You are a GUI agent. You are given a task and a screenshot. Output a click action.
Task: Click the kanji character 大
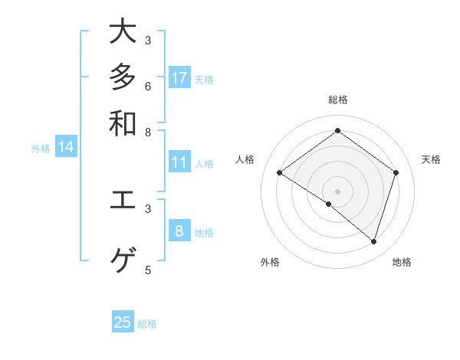pyautogui.click(x=123, y=32)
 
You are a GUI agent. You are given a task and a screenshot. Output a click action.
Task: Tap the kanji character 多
pyautogui.click(x=123, y=77)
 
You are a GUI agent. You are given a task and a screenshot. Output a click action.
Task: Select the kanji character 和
pyautogui.click(x=123, y=123)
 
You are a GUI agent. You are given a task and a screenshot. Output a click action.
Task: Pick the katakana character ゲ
pyautogui.click(x=123, y=261)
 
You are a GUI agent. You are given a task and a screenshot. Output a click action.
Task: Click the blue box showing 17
pyautogui.click(x=179, y=78)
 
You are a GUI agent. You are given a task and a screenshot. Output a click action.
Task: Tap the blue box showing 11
pyautogui.click(x=179, y=162)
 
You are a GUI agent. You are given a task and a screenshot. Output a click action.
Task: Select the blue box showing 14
pyautogui.click(x=66, y=148)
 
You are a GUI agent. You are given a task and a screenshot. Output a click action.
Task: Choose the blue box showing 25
pyautogui.click(x=123, y=322)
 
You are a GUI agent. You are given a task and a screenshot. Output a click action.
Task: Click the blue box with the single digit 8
pyautogui.click(x=179, y=231)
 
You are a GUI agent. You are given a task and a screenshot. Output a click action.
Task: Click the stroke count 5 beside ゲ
pyautogui.click(x=148, y=270)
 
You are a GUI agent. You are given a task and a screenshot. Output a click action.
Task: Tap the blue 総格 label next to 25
pyautogui.click(x=147, y=324)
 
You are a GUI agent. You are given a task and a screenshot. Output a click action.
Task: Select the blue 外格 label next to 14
pyautogui.click(x=41, y=149)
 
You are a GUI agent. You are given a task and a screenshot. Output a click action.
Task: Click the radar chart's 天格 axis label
pyautogui.click(x=431, y=159)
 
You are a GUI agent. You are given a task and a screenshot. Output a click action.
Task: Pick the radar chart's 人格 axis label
pyautogui.click(x=245, y=159)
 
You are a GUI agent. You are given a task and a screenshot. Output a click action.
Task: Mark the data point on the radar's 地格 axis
pyautogui.click(x=373, y=241)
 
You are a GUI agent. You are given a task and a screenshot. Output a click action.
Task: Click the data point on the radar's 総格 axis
pyautogui.click(x=337, y=131)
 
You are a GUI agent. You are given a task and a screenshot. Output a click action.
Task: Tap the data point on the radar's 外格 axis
pyautogui.click(x=329, y=204)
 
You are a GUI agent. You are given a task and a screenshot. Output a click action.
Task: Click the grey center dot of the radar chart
pyautogui.click(x=337, y=191)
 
